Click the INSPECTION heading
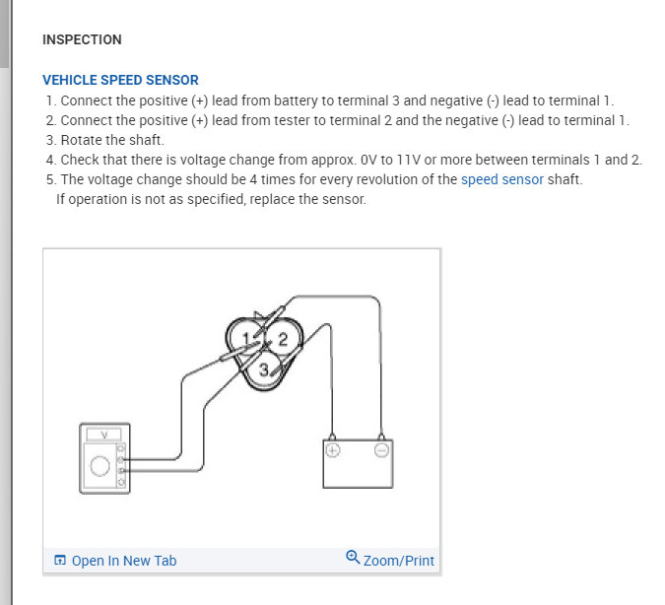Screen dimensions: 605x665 (82, 40)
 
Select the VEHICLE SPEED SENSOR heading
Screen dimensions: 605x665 (120, 80)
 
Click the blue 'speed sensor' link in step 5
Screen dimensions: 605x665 (501, 179)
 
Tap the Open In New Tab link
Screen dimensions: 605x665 (123, 561)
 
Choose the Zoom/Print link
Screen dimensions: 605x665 (398, 561)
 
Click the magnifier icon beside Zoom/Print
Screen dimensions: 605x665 (354, 558)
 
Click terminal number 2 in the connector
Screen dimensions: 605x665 (283, 339)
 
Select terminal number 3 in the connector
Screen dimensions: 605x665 (264, 370)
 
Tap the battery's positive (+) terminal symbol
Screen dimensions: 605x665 (332, 450)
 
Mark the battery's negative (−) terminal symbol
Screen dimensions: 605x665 (381, 450)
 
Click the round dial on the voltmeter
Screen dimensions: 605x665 (99, 466)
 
